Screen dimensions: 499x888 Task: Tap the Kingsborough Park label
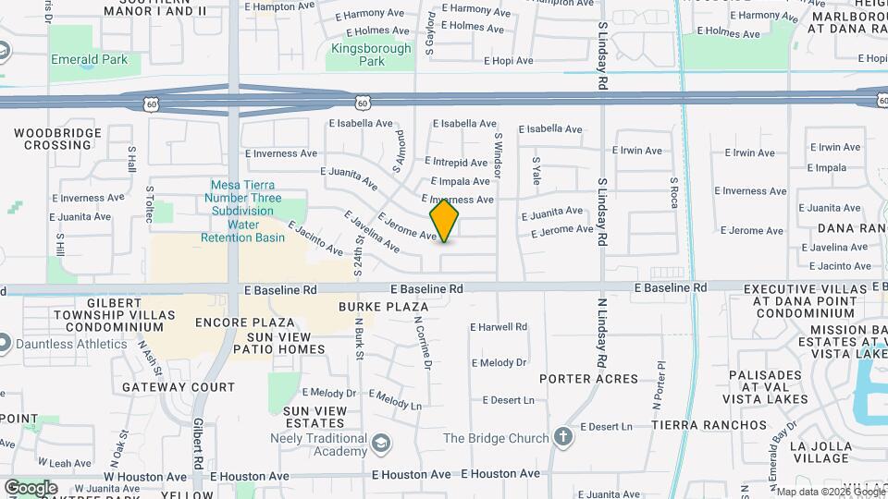(x=358, y=55)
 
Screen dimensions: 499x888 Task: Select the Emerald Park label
(x=89, y=61)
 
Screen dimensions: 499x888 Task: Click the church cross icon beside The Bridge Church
(x=563, y=437)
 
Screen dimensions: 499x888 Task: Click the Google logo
(x=31, y=487)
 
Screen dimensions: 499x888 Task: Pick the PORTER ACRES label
(x=589, y=379)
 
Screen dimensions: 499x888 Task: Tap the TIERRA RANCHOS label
(x=709, y=425)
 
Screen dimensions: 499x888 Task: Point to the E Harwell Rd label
(x=499, y=327)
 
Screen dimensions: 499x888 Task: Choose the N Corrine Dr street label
(x=424, y=343)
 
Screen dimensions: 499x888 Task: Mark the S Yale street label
(x=536, y=170)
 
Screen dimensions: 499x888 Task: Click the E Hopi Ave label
(x=509, y=61)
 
